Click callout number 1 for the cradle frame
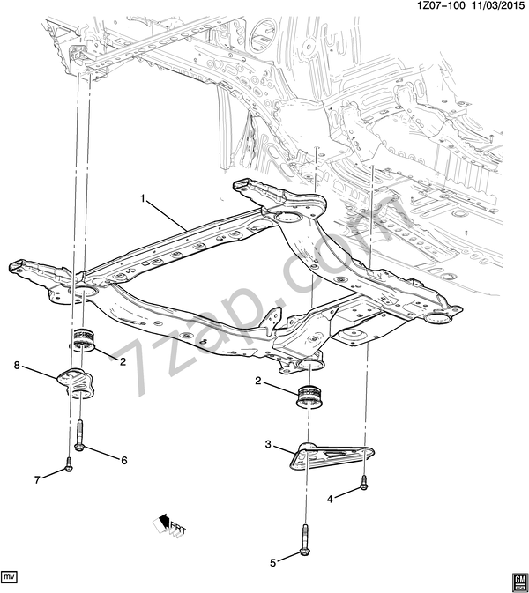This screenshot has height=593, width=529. tap(143, 198)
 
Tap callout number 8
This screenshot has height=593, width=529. tap(17, 366)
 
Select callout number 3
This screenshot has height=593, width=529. tap(268, 444)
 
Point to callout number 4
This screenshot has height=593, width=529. tap(330, 500)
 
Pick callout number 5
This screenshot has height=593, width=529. tap(272, 563)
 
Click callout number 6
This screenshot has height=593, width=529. tap(124, 461)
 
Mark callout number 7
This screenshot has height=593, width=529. tap(37, 480)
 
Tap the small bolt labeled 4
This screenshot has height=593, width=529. tap(363, 483)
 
